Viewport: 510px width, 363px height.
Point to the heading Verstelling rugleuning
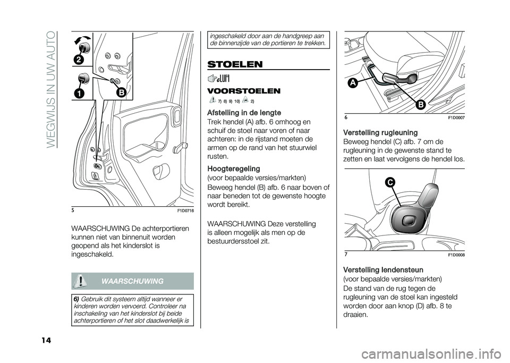click(x=380, y=132)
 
